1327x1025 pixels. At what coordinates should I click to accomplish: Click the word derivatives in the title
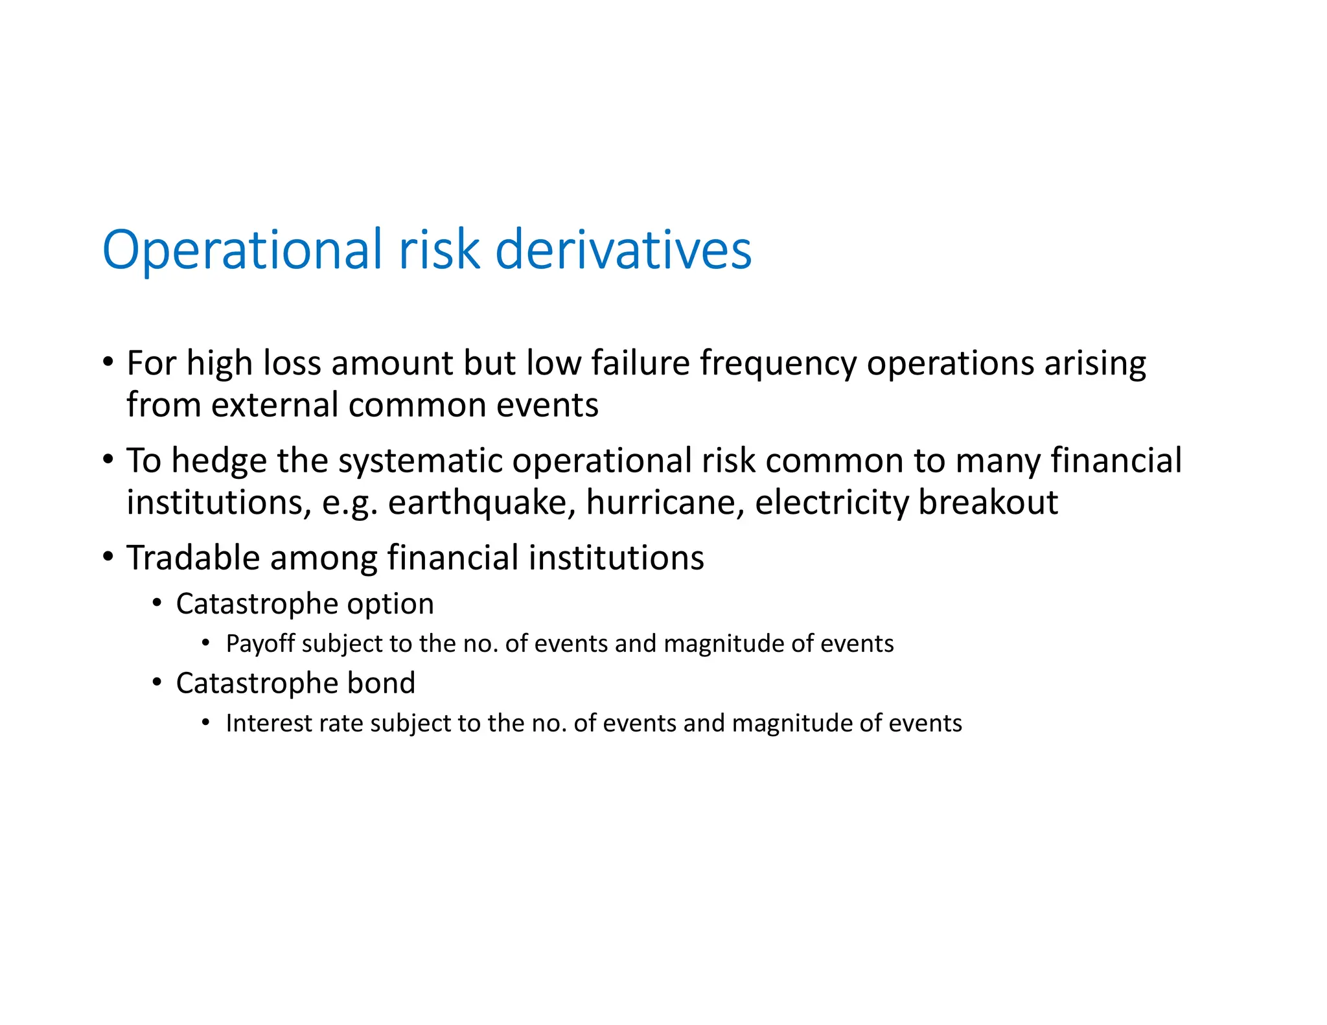click(623, 250)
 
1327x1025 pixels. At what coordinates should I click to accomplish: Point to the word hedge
click(219, 461)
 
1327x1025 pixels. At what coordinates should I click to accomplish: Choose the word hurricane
click(665, 503)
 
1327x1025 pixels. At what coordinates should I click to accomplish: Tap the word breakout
click(988, 503)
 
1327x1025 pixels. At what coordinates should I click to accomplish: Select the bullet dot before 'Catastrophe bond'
click(157, 682)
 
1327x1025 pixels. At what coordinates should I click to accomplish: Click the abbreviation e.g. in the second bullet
click(350, 503)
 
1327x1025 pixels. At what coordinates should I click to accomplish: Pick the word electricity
click(831, 503)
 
